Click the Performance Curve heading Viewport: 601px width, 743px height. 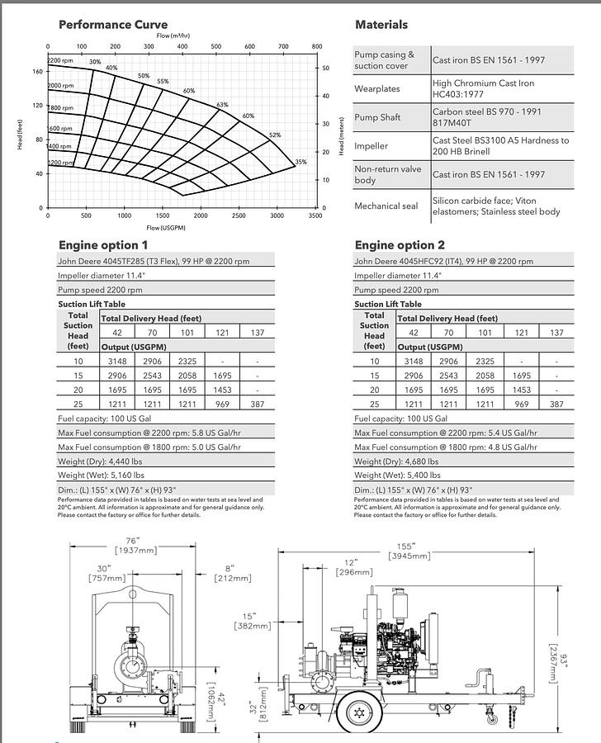[112, 25]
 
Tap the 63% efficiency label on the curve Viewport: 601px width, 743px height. [222, 105]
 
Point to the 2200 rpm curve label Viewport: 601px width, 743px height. [61, 61]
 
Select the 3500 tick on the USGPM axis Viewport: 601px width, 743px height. [315, 216]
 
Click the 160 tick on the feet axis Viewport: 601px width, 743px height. [38, 72]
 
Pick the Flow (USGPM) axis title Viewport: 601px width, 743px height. [166, 227]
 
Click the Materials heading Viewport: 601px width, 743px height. [381, 25]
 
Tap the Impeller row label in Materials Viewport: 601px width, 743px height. [371, 146]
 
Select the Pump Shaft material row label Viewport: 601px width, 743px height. [377, 117]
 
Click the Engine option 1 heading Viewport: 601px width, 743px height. [103, 245]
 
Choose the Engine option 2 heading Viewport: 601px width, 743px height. [400, 245]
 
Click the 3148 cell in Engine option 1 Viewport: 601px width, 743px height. [117, 361]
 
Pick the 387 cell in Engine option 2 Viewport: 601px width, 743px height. [556, 405]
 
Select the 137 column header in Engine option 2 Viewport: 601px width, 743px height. [556, 333]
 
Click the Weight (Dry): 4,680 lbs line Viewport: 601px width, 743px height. [396, 461]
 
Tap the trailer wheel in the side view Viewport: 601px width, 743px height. [359, 711]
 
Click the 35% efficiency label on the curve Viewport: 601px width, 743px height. [300, 162]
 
